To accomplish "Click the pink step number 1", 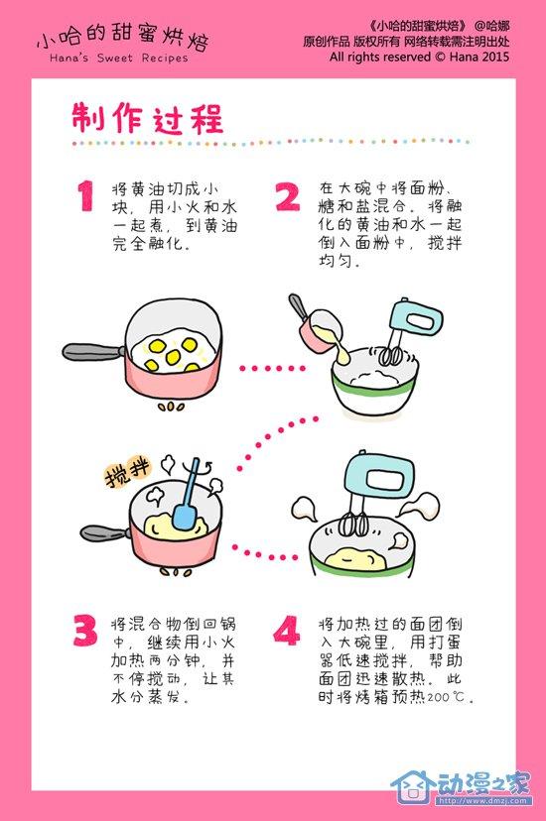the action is pos(85,195).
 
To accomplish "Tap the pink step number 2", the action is pos(288,196).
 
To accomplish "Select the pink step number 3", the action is pos(85,631).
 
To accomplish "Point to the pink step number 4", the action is pos(287,631).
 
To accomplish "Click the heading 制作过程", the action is pos(148,118).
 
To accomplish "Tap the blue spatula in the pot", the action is pos(186,495).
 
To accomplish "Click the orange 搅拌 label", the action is pos(128,473).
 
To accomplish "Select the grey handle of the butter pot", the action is pos(94,352).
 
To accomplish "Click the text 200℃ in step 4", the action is pos(446,697).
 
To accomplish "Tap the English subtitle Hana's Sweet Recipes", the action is pos(118,59).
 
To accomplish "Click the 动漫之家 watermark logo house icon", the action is pos(413,785).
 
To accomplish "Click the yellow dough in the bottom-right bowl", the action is pos(356,557).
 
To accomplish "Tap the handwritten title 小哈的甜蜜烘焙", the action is pos(123,38).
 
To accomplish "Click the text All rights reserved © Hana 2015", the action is pos(419,57).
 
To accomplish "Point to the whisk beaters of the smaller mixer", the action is pos(391,356).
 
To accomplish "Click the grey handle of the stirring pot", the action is pos(107,533).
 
